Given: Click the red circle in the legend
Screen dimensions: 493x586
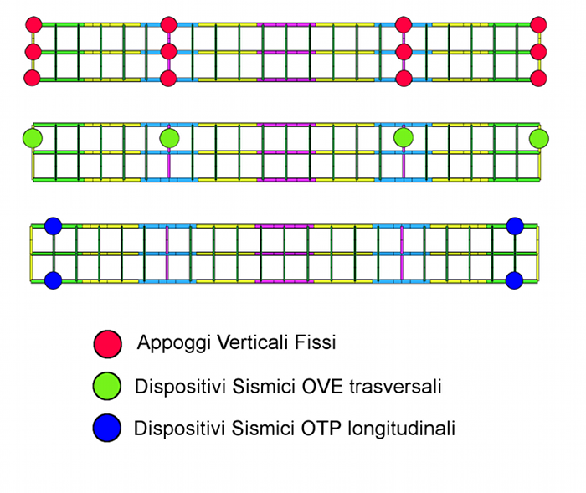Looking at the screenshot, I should [x=107, y=342].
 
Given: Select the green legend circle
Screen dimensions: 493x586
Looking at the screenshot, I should [x=107, y=386].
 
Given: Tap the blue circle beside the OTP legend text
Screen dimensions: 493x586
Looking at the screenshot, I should [x=107, y=429].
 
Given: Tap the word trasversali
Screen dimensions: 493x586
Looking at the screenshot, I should [x=398, y=386].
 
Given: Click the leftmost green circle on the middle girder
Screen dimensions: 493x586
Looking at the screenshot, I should [x=33, y=136].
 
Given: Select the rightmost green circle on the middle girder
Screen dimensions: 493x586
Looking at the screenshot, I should [x=538, y=136].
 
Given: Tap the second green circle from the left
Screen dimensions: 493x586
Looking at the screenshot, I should [x=169, y=136].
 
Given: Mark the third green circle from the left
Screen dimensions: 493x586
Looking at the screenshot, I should [x=404, y=136].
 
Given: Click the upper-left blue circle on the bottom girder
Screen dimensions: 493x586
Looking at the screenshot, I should [x=54, y=226].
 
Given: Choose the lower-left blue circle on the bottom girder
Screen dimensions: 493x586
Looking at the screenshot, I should [x=54, y=280].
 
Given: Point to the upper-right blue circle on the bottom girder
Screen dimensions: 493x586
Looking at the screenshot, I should [x=515, y=226].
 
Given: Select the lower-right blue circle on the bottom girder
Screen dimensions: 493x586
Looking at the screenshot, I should [x=515, y=280].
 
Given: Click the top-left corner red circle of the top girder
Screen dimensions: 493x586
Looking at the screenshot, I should [x=33, y=24].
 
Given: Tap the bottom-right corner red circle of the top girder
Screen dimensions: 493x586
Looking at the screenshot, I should [x=538, y=79].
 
